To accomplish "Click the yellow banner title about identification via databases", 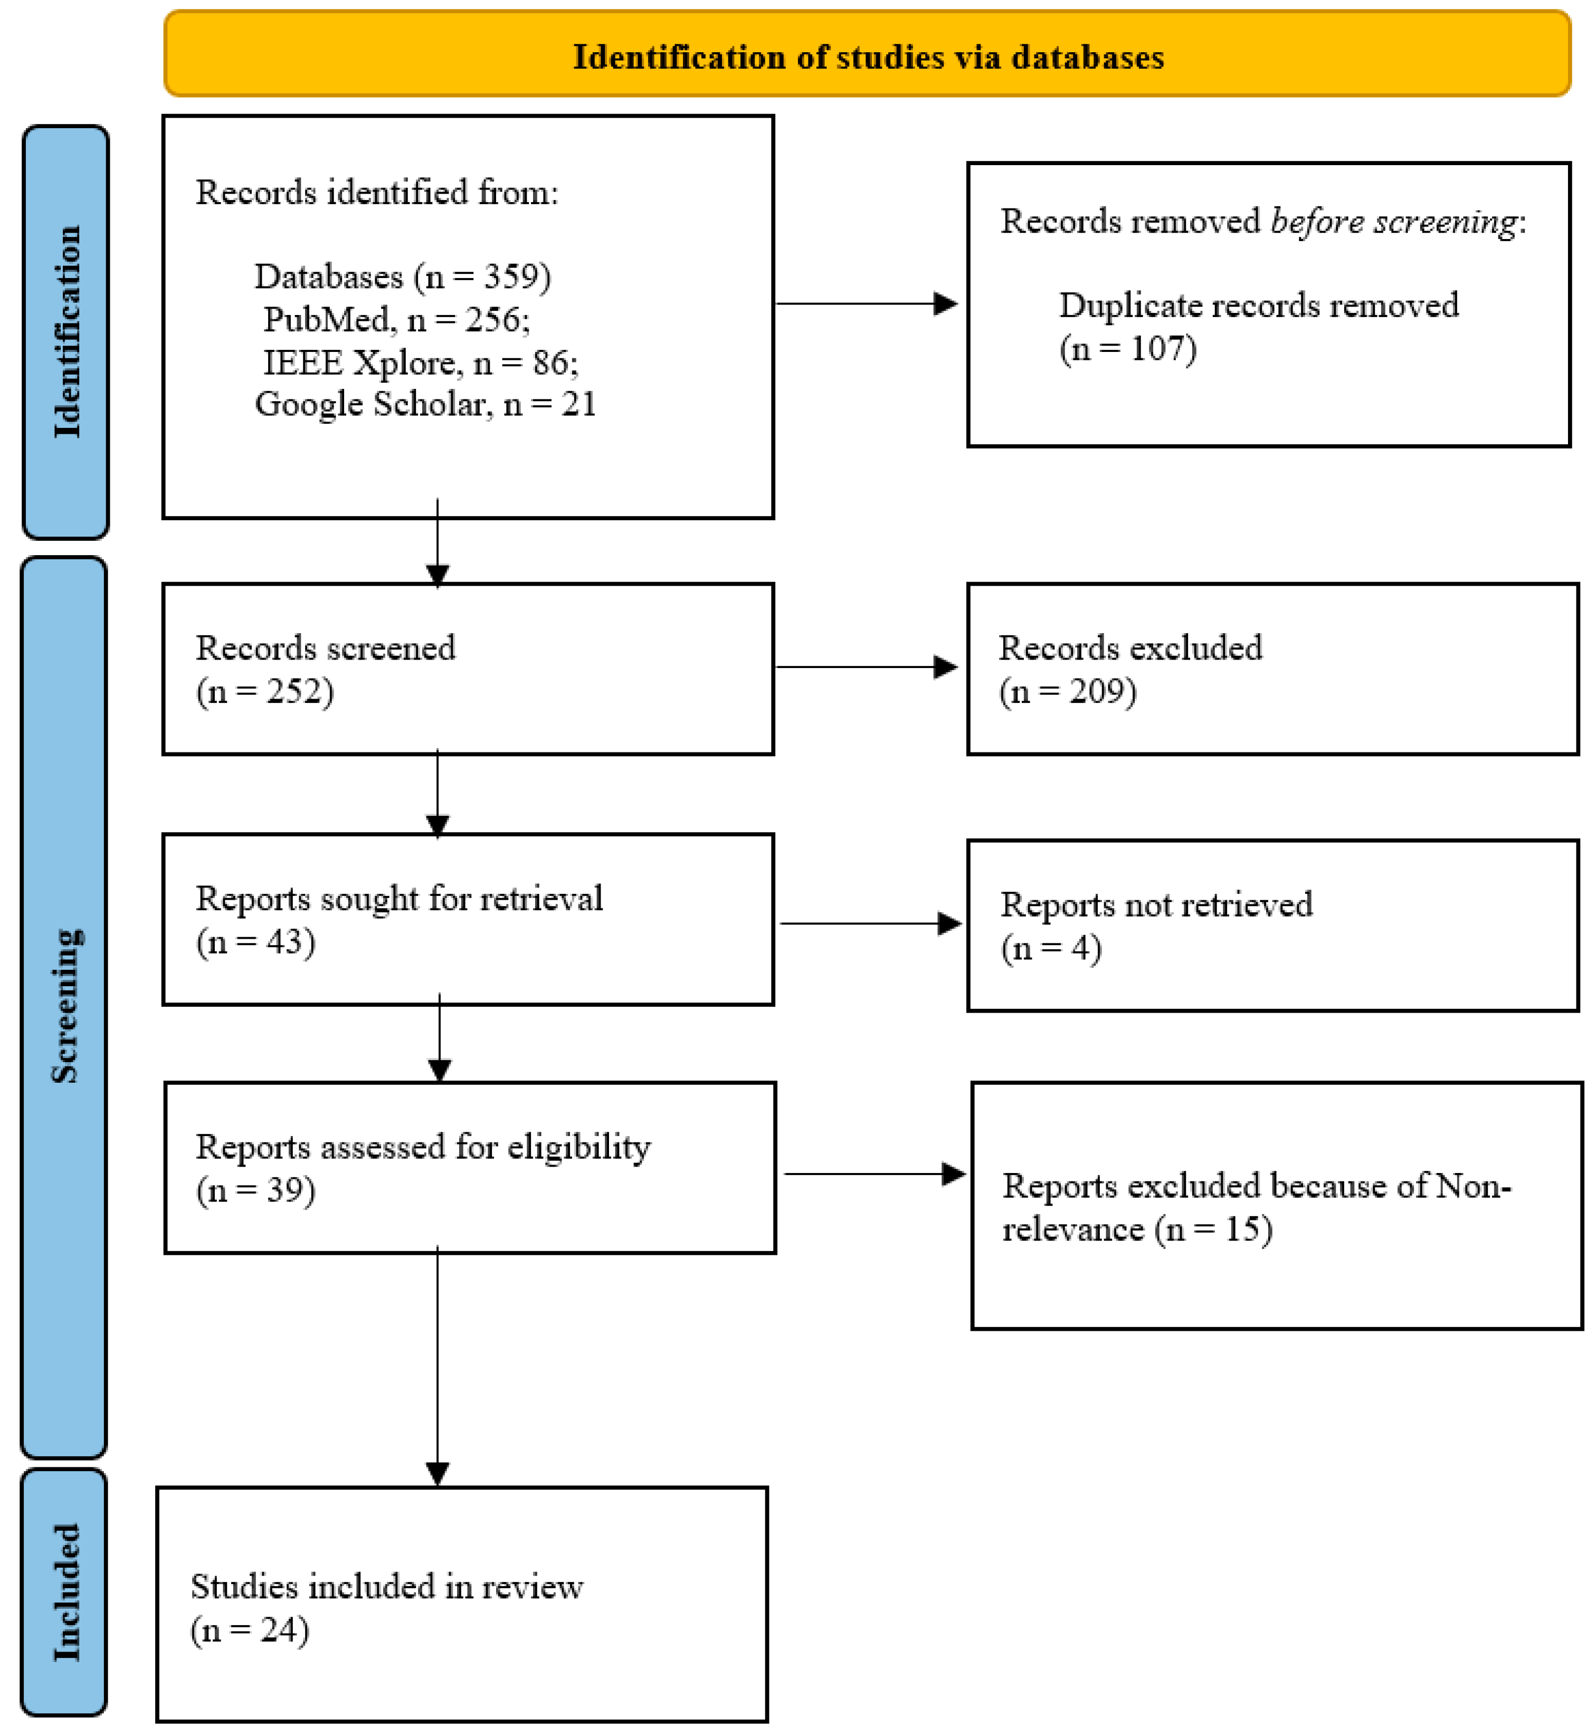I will [868, 57].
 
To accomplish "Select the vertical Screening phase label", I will [65, 1006].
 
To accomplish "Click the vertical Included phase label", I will [65, 1592].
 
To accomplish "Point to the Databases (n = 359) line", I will [403, 276].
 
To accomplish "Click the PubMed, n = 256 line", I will [396, 319].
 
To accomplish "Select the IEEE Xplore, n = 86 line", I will [421, 363].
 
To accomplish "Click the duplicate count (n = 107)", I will [1128, 349].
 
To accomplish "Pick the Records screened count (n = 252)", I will [264, 691].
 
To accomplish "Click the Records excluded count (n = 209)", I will [1068, 691].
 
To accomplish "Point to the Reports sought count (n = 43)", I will [255, 942].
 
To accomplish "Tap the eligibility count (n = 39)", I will [255, 1190].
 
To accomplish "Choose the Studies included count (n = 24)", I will [250, 1630].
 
